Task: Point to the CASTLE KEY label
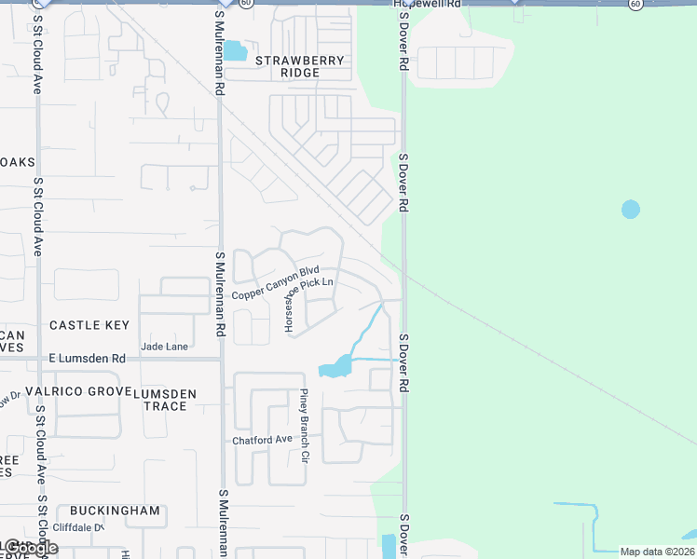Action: coord(89,325)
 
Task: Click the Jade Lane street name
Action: coord(164,347)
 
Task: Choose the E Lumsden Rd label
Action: coord(87,359)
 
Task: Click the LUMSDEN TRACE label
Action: coord(165,401)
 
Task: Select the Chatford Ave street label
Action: coord(263,441)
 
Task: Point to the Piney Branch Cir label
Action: coord(303,427)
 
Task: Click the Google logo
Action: coord(28,548)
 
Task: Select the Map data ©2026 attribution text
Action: coord(657,552)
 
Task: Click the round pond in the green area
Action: coord(631,209)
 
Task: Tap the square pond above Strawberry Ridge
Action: coord(235,50)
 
